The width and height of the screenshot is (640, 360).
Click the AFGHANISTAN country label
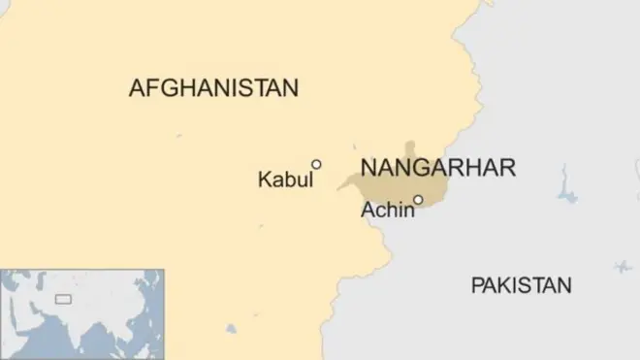click(x=213, y=88)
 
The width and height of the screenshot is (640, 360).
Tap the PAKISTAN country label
click(x=521, y=285)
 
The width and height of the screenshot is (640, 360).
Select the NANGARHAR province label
click(x=437, y=167)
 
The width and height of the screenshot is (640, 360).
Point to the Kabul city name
click(x=285, y=180)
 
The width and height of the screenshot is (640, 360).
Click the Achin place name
click(x=387, y=210)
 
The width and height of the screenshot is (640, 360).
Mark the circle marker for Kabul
click(x=316, y=164)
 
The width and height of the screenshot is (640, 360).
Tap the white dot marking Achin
click(x=418, y=201)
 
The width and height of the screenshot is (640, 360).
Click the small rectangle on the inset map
click(x=62, y=298)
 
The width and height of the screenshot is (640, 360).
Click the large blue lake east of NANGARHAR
click(x=566, y=187)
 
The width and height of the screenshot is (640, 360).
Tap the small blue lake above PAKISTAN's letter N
click(x=622, y=266)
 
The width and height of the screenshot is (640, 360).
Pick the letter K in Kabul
click(x=264, y=180)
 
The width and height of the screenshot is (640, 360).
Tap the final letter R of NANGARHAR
click(x=507, y=167)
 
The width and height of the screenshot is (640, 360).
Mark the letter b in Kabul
click(x=295, y=180)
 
